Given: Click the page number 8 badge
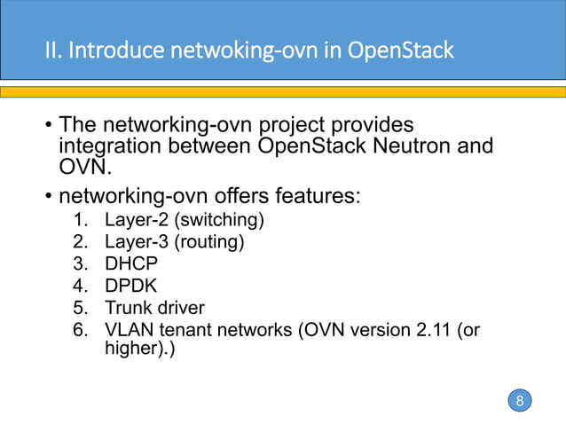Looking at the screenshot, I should click(x=520, y=401).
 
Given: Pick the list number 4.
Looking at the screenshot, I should click(x=80, y=286).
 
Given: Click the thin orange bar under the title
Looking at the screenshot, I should click(x=283, y=91).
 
